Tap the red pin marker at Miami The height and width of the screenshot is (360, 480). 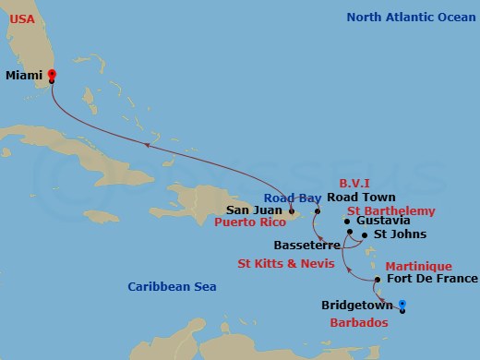52,76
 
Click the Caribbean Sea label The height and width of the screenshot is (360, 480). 172,287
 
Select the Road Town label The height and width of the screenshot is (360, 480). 361,198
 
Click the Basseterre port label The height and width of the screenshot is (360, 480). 303,246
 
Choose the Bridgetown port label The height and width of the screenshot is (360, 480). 357,305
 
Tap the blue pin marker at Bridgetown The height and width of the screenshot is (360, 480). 402,306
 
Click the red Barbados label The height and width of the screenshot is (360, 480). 359,323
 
